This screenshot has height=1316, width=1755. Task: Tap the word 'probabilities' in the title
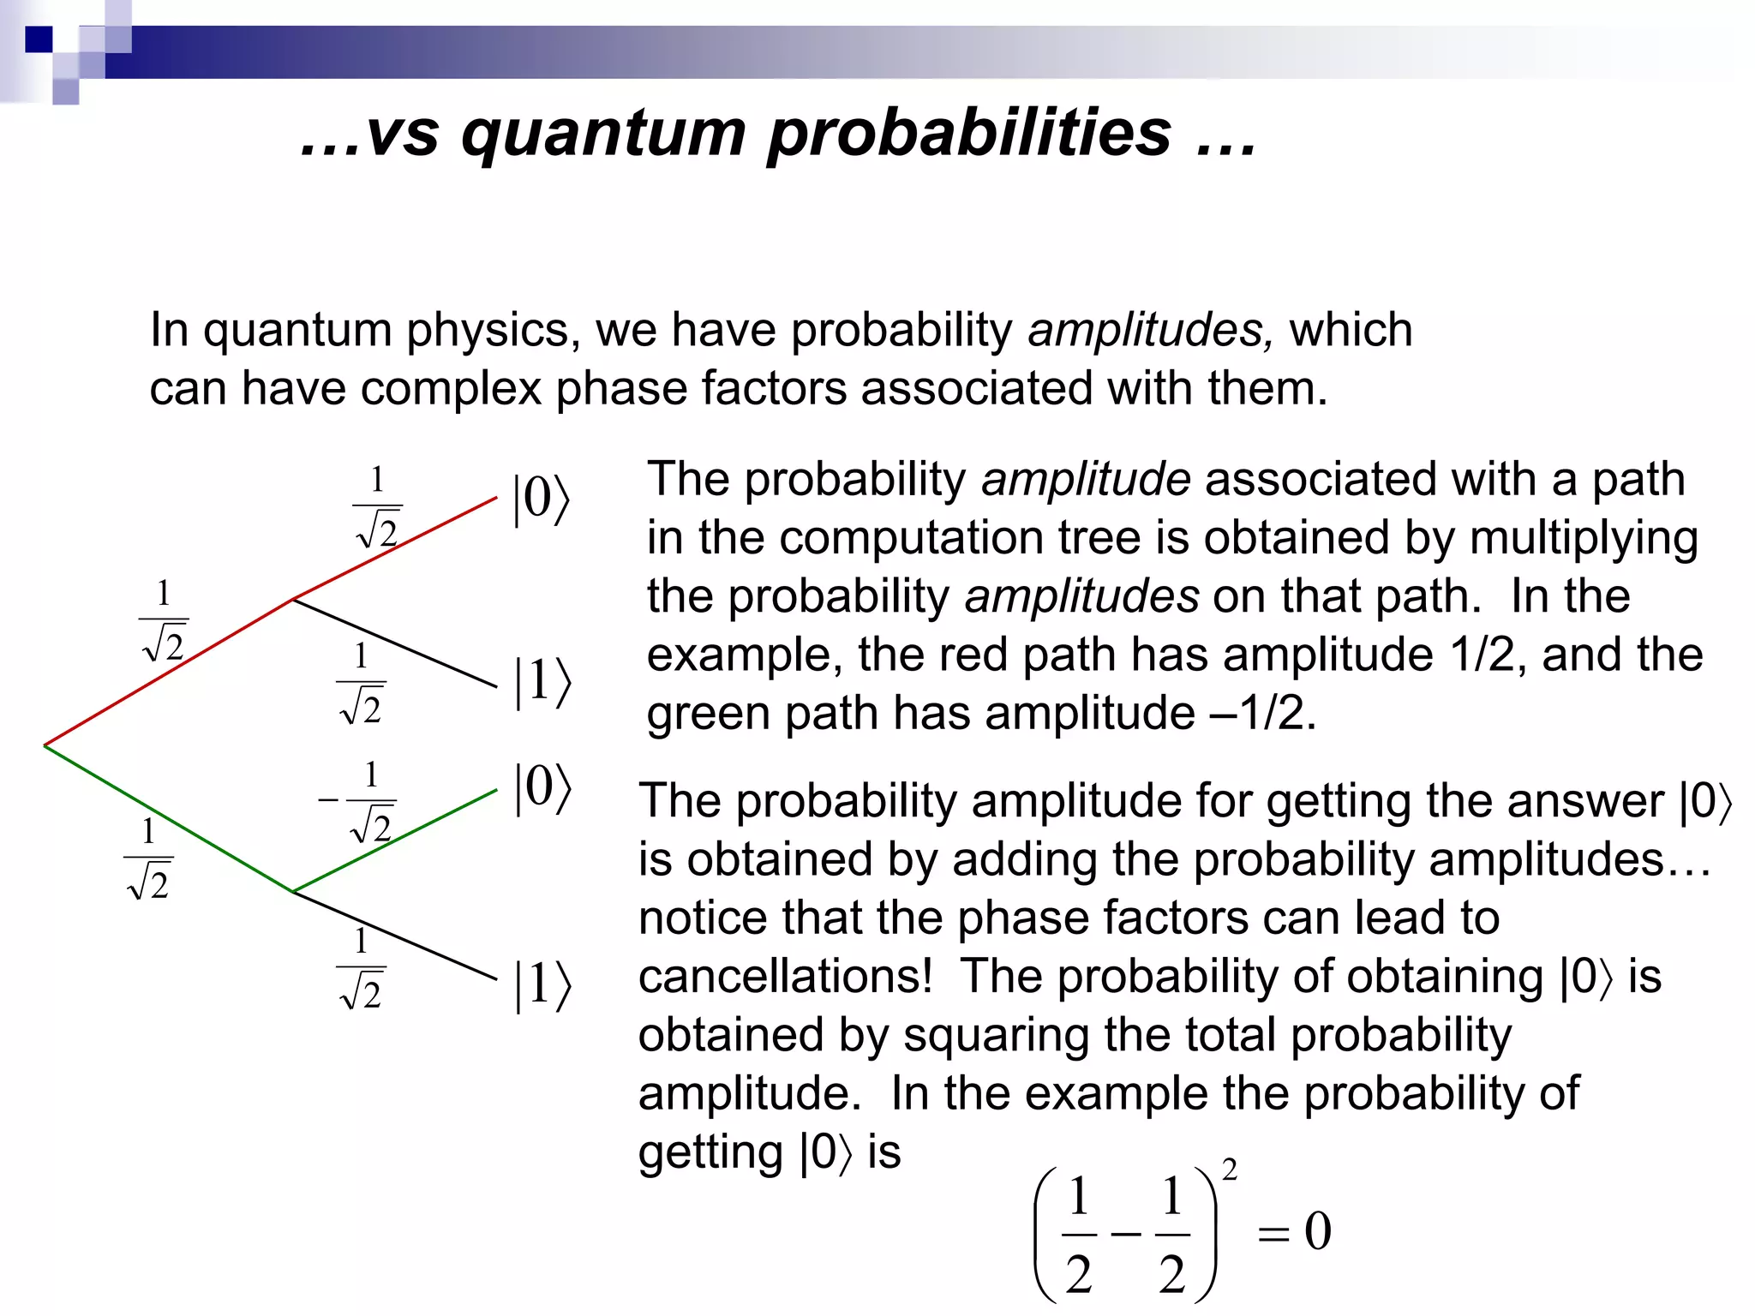[968, 134]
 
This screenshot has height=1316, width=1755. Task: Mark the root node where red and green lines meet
[45, 745]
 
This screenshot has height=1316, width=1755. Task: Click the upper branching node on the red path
[294, 599]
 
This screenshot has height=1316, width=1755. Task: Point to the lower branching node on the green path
[294, 892]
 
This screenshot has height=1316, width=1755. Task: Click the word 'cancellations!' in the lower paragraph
[785, 976]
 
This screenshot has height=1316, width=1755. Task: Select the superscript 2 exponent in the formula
[1229, 1170]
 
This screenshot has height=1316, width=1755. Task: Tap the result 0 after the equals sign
[1318, 1231]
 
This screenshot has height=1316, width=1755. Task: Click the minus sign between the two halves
[1125, 1234]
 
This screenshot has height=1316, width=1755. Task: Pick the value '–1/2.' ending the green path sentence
[1263, 713]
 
